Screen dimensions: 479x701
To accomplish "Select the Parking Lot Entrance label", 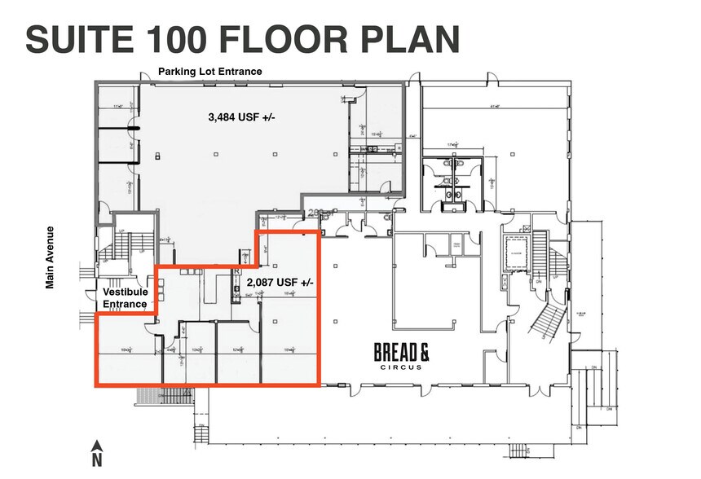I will (x=209, y=72).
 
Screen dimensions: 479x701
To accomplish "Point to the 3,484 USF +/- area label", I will (x=242, y=117).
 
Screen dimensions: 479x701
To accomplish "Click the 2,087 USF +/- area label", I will (x=279, y=282).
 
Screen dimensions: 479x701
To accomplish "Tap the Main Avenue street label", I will (x=51, y=257).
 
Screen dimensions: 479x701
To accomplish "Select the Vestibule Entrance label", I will (x=125, y=297).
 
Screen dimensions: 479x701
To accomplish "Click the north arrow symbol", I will (x=96, y=446).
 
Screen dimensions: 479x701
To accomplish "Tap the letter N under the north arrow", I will (x=96, y=460).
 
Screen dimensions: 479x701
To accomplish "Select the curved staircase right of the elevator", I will (x=544, y=314).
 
